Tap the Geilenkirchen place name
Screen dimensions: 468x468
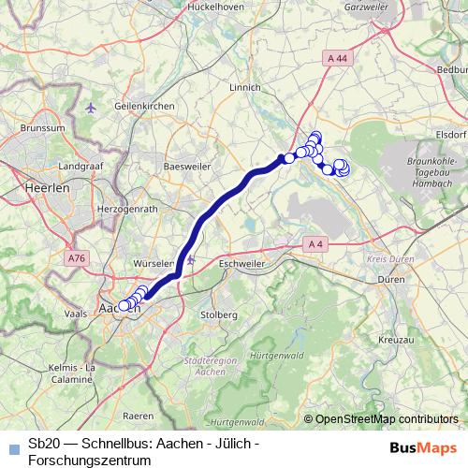pyautogui.click(x=143, y=108)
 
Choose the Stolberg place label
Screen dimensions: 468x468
pyautogui.click(x=220, y=314)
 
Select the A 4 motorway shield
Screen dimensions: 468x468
pyautogui.click(x=314, y=244)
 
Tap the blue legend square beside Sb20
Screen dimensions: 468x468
pyautogui.click(x=12, y=446)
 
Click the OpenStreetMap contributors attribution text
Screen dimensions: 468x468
pyautogui.click(x=387, y=419)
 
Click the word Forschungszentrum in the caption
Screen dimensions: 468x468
pyautogui.click(x=90, y=461)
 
